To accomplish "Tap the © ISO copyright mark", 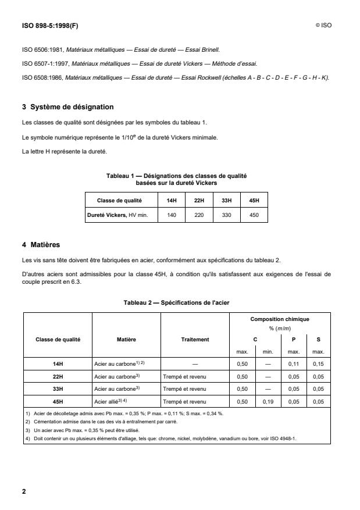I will point(324,26).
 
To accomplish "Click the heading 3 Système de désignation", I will point(67,106).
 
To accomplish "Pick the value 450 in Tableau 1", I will point(254,214).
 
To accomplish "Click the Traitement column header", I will point(194,338).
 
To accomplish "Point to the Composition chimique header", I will point(280,319).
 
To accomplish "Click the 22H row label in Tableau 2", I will point(57,376).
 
